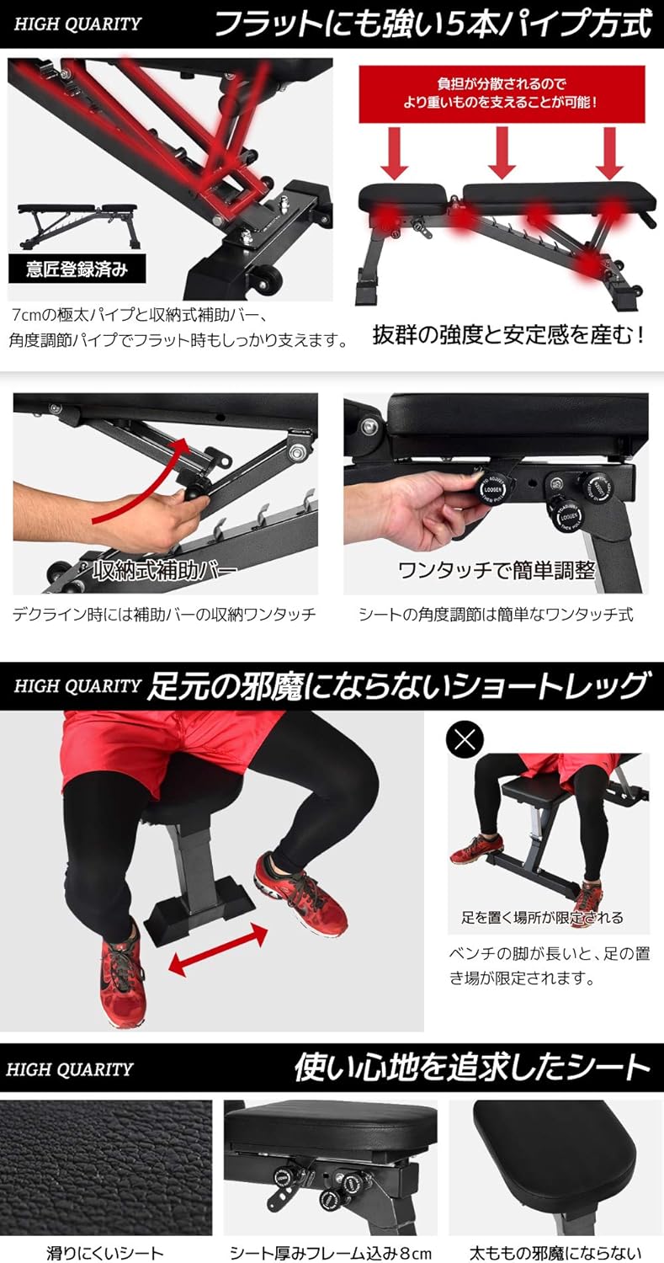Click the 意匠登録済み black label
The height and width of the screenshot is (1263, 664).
77,269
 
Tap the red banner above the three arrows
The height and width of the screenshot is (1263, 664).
502,95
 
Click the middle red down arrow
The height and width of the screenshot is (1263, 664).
502,151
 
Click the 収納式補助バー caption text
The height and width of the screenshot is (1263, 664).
164,571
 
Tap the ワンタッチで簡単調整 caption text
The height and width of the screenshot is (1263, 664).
496,571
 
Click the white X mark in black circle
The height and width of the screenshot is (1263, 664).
467,740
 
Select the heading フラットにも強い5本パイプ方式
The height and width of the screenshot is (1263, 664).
433,24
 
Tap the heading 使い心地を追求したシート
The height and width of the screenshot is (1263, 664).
472,1068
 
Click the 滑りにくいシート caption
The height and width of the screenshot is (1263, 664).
105,1253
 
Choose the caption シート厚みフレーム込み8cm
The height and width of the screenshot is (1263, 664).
331,1253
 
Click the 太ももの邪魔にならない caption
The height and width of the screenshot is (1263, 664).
556,1253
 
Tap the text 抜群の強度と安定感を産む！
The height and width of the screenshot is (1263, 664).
509,335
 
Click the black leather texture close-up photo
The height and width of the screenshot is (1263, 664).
105,1167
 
